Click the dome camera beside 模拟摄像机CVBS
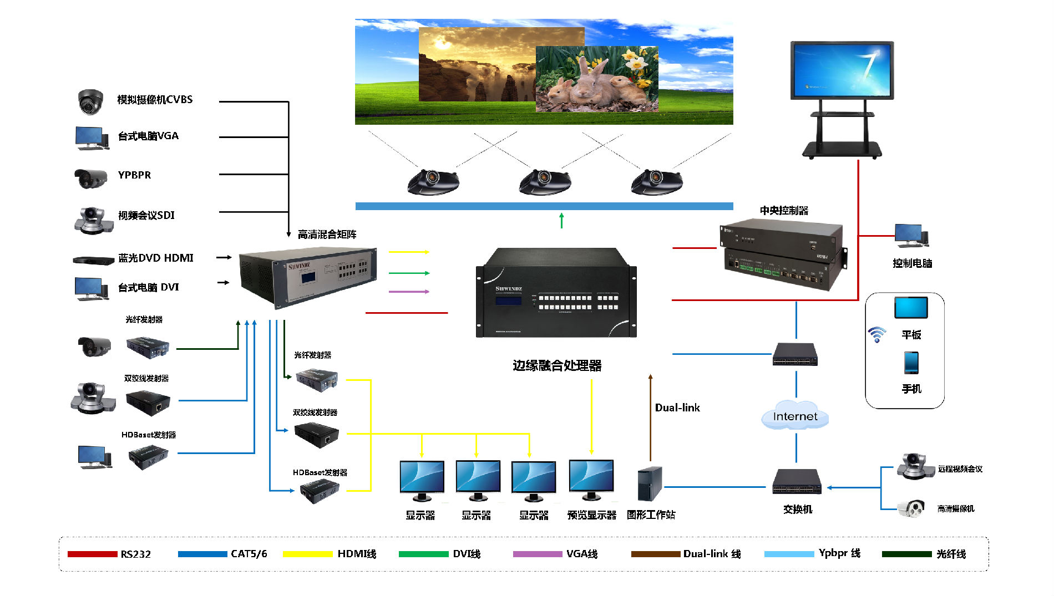(x=90, y=101)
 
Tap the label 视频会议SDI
(x=146, y=215)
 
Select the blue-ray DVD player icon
(x=93, y=259)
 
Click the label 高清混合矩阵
(x=327, y=235)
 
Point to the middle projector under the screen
(x=544, y=181)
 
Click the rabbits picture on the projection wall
(x=597, y=79)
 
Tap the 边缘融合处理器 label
(x=557, y=365)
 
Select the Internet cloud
(x=795, y=416)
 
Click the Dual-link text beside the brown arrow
(x=677, y=407)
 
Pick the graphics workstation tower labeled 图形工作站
(x=650, y=483)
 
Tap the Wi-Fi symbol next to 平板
(x=877, y=334)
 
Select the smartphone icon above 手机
(x=911, y=363)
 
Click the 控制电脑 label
(x=912, y=263)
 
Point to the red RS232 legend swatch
(x=92, y=554)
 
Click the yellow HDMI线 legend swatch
(x=307, y=554)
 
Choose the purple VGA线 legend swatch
(x=537, y=554)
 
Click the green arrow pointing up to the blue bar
(x=561, y=220)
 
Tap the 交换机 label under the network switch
(x=797, y=509)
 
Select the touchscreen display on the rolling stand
(x=842, y=70)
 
